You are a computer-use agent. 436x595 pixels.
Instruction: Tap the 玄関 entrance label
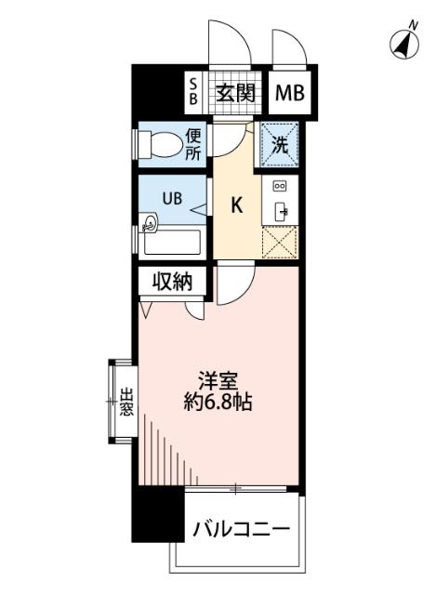[x=237, y=92]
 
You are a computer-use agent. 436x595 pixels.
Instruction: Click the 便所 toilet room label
[x=192, y=145]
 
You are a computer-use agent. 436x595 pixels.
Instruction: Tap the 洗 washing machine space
[x=279, y=144]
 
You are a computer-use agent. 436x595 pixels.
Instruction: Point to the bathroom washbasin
[x=151, y=223]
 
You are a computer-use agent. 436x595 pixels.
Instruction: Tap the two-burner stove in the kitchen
[x=279, y=186]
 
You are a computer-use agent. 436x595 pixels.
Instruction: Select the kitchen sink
[x=280, y=210]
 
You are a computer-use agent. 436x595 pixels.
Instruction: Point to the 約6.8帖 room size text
[x=217, y=404]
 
